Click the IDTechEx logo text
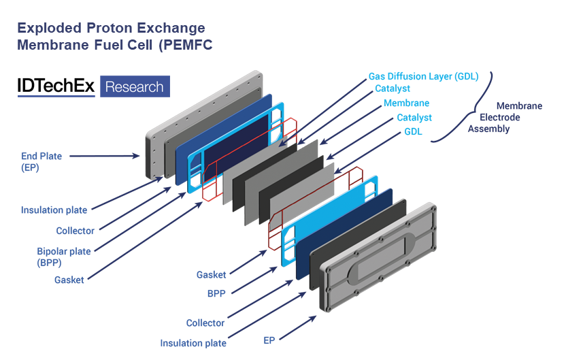(57, 86)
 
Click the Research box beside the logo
(135, 86)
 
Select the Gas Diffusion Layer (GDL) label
(423, 76)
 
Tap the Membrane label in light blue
(406, 103)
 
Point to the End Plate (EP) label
(41, 161)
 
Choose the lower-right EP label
(269, 340)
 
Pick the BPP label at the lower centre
(216, 293)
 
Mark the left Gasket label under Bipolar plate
(69, 280)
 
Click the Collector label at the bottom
(205, 323)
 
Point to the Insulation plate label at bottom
(193, 344)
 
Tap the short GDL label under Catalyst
(413, 131)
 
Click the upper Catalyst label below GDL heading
(393, 88)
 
